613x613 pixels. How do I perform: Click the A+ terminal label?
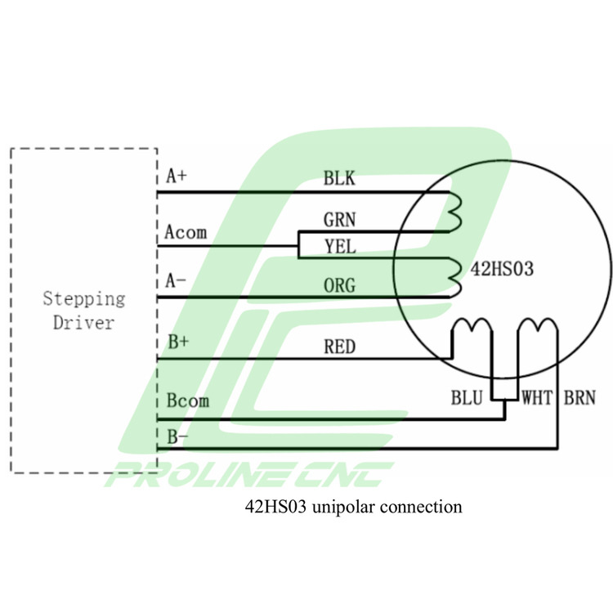[x=177, y=175]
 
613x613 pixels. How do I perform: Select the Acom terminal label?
[x=186, y=232]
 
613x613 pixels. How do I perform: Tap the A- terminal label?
[x=176, y=281]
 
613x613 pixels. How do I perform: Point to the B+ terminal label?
[x=178, y=342]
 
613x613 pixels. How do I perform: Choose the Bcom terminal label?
[x=187, y=400]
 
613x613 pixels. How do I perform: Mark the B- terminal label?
[x=177, y=437]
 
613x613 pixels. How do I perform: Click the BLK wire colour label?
[x=339, y=178]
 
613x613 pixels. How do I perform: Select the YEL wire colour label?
[x=339, y=246]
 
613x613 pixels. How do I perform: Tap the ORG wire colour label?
[x=339, y=286]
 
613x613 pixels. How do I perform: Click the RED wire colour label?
[x=339, y=347]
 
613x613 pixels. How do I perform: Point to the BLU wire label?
[x=467, y=399]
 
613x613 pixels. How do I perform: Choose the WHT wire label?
[x=537, y=399]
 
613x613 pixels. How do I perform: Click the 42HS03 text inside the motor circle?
[x=503, y=268]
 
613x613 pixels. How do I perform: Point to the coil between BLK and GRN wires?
[x=454, y=213]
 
